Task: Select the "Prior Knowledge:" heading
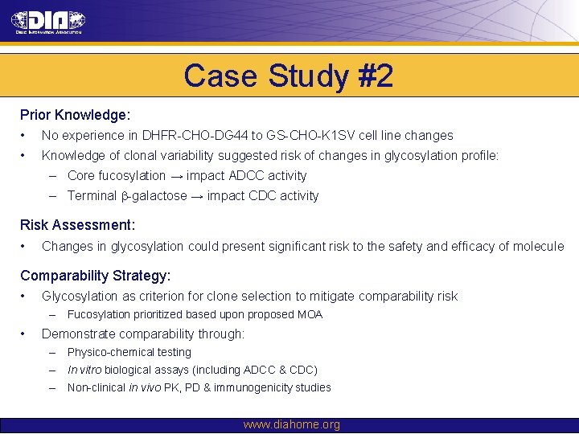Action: click(x=76, y=116)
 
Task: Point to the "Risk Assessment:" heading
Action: click(x=77, y=226)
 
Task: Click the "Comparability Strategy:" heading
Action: click(x=95, y=276)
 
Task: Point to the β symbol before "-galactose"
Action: click(x=125, y=196)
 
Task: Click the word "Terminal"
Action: click(x=92, y=196)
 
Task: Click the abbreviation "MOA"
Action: click(x=309, y=315)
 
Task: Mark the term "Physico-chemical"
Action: click(x=129, y=352)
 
